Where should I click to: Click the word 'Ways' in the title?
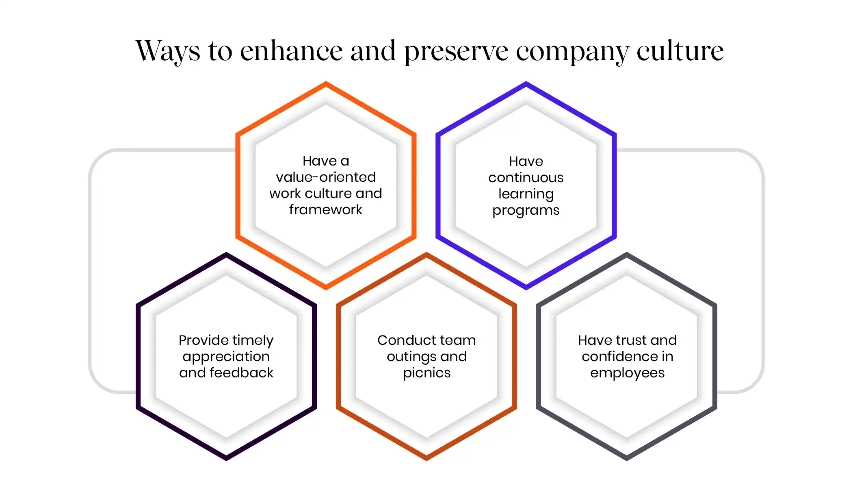point(168,51)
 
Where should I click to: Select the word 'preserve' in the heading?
point(456,52)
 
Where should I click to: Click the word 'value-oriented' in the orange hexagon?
point(326,177)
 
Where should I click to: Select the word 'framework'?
point(326,209)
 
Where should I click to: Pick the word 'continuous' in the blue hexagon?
point(526,178)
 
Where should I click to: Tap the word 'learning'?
point(526,194)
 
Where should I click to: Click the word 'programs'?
point(526,211)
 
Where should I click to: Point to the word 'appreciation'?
point(226,357)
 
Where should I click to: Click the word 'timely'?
point(253,340)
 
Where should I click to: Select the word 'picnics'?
point(427,373)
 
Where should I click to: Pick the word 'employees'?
point(628,373)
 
